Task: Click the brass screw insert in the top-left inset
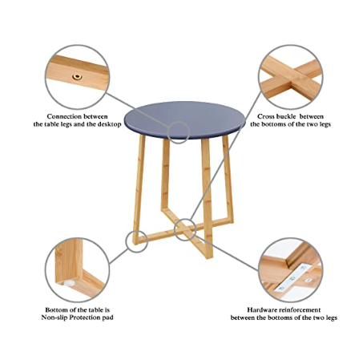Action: tap(77, 77)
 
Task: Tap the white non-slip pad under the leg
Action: tap(69, 283)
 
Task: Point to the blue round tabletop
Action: tap(184, 120)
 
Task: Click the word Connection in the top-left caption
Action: tap(64, 116)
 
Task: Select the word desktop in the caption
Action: tap(110, 124)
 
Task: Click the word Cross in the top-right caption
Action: tap(265, 116)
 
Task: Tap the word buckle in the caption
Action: tap(286, 116)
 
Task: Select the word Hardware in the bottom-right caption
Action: tap(262, 310)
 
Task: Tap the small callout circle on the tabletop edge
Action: tap(179, 122)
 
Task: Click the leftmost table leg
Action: tap(139, 189)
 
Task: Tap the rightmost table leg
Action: tap(228, 179)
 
